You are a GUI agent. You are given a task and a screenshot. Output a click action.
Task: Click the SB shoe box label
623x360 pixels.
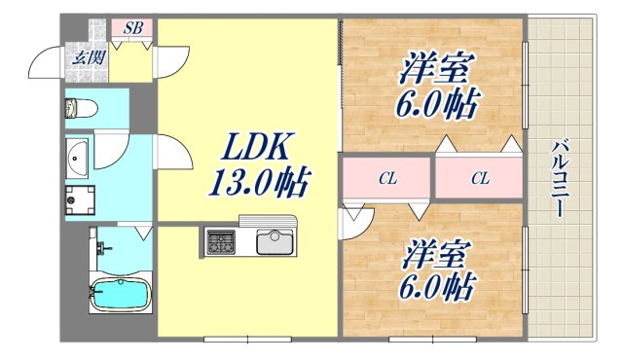133,28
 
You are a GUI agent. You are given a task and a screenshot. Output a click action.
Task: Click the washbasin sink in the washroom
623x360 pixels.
78,155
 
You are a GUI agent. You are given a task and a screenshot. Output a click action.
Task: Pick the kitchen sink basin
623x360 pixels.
275,239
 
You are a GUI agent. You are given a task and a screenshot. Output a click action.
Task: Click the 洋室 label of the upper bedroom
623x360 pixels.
435,70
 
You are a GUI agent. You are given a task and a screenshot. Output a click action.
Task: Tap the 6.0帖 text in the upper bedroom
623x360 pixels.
435,103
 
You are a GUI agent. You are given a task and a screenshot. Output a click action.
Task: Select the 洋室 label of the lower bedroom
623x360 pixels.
435,254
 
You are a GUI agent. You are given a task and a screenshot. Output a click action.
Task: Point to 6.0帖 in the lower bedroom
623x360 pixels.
435,286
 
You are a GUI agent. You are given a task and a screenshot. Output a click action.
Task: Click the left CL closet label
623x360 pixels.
386,179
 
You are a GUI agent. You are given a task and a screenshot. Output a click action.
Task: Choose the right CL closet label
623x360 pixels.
480,179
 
